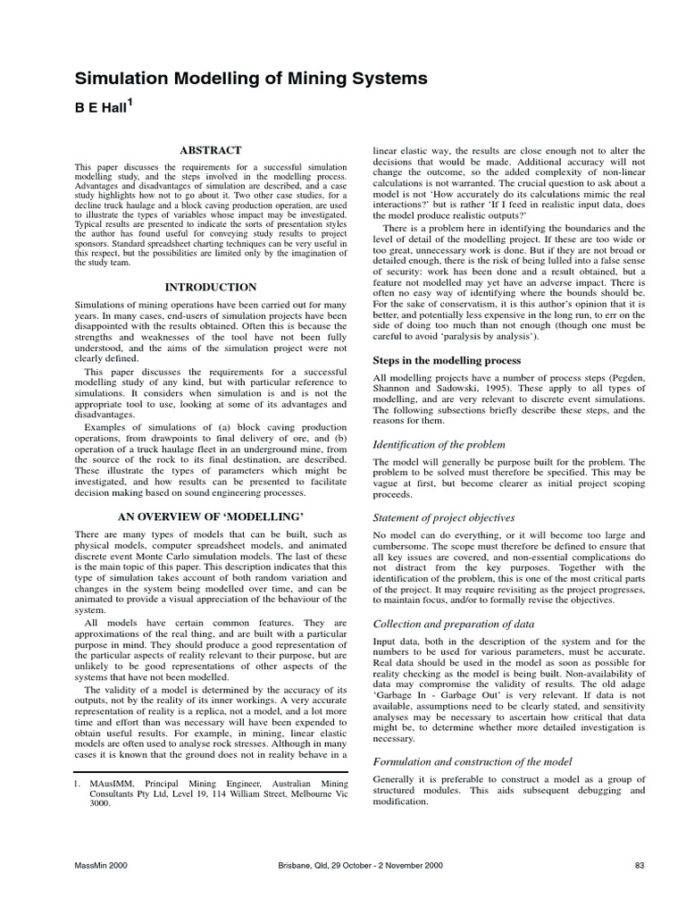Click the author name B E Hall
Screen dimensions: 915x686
click(97, 110)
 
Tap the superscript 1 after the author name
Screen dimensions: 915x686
click(130, 104)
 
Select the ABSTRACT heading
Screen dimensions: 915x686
click(211, 151)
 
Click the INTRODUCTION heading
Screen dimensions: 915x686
click(211, 287)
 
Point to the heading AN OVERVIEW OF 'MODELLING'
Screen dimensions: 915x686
click(211, 517)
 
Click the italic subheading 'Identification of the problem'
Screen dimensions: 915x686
click(439, 444)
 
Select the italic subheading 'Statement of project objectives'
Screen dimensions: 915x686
click(443, 517)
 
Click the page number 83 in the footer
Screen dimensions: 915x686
click(639, 864)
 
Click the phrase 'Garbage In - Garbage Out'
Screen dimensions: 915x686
click(430, 693)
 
